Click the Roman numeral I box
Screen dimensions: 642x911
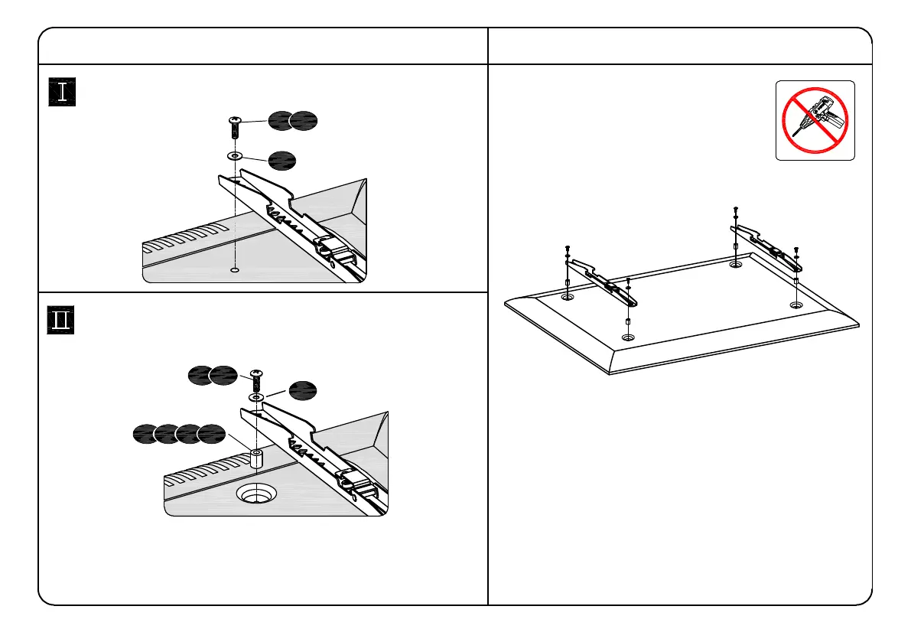pyautogui.click(x=61, y=93)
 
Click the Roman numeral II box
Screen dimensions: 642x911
pyautogui.click(x=61, y=321)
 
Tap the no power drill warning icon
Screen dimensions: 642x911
pyautogui.click(x=815, y=120)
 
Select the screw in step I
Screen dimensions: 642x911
pyautogui.click(x=235, y=128)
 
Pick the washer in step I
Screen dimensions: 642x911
pyautogui.click(x=235, y=155)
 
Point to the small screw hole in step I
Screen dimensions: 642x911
pyautogui.click(x=235, y=270)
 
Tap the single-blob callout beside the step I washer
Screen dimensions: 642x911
pyautogui.click(x=281, y=161)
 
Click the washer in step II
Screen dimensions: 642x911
pyautogui.click(x=256, y=398)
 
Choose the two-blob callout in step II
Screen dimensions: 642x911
pyautogui.click(x=213, y=375)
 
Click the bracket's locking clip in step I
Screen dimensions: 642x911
pyautogui.click(x=330, y=247)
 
